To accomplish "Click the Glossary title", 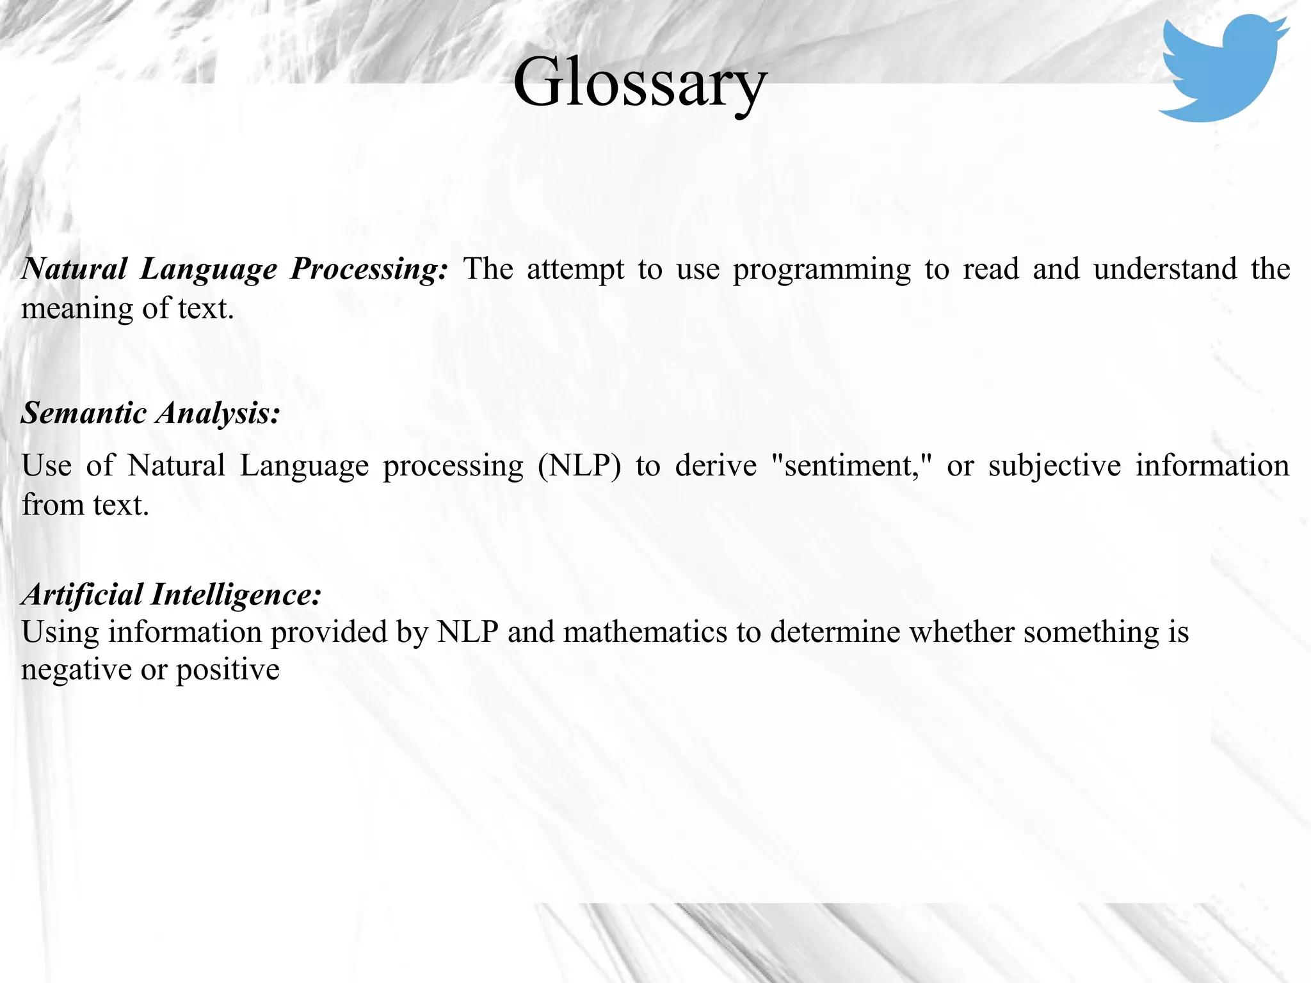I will pos(639,83).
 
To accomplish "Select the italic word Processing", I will pos(369,269).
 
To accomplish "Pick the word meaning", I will pos(76,310).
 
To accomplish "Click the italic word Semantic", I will pos(84,413).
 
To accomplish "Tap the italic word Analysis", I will pos(218,414).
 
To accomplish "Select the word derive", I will pos(716,465).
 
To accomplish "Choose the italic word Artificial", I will pos(83,595).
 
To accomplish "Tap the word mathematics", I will pos(645,632).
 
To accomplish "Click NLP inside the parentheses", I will pos(579,465).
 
